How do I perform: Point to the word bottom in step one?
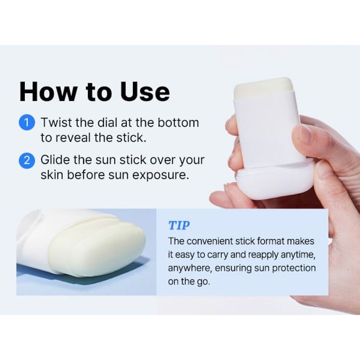[x=179, y=123]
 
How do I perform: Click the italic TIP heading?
[x=179, y=225]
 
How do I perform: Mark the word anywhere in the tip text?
[x=189, y=268]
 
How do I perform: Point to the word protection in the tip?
[x=292, y=268]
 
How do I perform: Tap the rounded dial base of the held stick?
[x=274, y=182]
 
